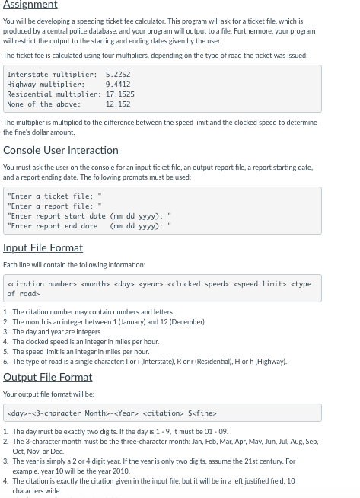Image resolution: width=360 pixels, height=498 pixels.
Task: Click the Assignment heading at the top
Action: click(x=30, y=5)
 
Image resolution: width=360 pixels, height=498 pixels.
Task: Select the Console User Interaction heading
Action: click(x=61, y=150)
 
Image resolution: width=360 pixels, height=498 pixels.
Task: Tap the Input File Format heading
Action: click(x=43, y=247)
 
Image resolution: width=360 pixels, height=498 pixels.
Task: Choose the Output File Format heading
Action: click(x=47, y=377)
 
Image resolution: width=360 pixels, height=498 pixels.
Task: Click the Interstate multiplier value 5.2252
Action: click(x=118, y=75)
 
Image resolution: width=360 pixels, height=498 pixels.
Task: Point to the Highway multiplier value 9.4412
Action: click(x=118, y=85)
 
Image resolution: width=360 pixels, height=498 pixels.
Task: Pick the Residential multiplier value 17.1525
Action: click(x=120, y=94)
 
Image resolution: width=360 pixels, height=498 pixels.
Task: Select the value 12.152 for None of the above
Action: click(x=118, y=104)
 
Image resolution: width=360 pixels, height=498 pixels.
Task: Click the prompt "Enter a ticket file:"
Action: click(x=54, y=196)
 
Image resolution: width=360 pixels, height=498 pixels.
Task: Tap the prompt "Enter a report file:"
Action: click(x=54, y=206)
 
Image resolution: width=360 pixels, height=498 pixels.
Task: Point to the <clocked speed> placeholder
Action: click(x=198, y=284)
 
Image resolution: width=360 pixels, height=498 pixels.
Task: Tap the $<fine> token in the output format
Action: click(x=202, y=413)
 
